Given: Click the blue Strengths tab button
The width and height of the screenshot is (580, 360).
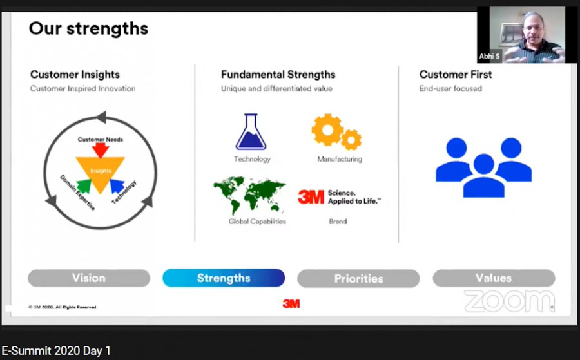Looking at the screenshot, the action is click(224, 278).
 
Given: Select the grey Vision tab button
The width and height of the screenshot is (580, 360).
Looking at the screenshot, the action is click(89, 278).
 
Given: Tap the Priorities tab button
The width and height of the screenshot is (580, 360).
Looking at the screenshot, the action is click(358, 278).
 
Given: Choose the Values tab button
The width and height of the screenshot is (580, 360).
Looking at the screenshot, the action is click(494, 278).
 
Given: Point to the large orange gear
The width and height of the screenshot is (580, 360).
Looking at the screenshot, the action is click(327, 129).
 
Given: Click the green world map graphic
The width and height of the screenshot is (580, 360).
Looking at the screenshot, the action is click(249, 195).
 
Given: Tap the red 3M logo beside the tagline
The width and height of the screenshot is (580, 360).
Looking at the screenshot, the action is click(311, 197).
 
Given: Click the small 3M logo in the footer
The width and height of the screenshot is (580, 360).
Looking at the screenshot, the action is click(291, 304).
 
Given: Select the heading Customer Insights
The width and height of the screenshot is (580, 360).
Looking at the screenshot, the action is click(75, 75).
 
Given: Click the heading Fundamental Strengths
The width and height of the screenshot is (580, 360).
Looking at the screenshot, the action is click(278, 75).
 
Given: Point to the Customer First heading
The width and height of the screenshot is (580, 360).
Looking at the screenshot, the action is click(456, 75).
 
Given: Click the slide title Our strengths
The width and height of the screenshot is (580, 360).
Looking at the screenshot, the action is click(88, 29).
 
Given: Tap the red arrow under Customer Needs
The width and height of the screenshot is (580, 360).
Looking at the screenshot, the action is click(101, 150).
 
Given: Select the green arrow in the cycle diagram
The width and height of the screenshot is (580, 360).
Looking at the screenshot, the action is click(84, 186).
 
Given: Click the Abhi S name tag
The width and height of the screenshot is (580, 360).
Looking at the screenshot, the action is click(489, 57).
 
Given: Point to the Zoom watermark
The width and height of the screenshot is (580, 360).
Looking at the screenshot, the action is click(509, 301).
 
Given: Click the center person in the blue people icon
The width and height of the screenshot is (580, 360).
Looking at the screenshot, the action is click(484, 176).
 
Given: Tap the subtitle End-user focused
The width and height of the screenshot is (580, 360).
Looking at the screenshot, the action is click(450, 89).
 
